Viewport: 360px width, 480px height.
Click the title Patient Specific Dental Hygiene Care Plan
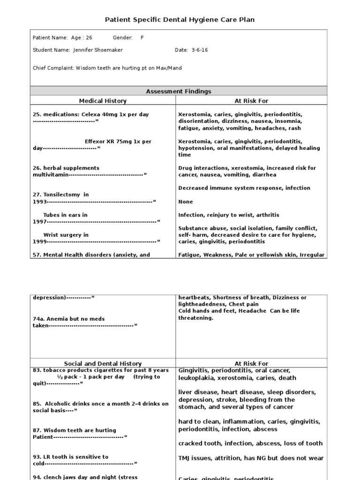pos(180,19)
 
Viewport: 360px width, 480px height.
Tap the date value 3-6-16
pos(200,50)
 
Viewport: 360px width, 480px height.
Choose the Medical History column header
pos(103,101)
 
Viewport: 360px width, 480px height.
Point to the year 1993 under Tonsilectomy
pos(39,202)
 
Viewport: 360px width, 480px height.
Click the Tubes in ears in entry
pos(65,215)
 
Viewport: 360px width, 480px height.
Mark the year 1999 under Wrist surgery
pos(39,241)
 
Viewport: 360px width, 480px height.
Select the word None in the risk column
pos(185,202)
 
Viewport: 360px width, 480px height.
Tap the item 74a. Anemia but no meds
pos(68,319)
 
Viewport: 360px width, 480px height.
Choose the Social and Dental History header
pos(103,363)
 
